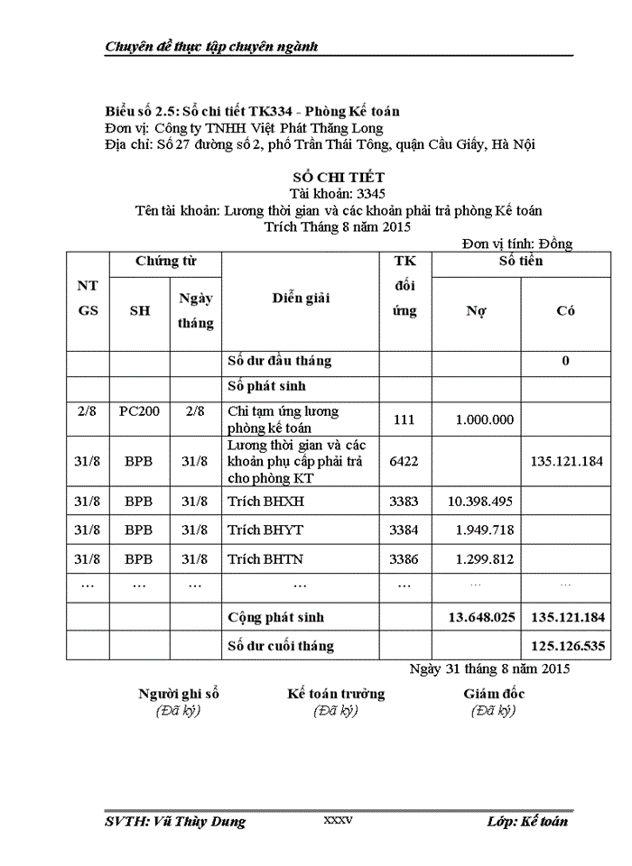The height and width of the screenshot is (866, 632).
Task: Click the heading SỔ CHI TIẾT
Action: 325,178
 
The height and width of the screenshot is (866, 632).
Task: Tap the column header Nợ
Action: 476,310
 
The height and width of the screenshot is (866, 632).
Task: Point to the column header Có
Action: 565,310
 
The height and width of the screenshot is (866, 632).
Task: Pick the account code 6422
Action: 404,461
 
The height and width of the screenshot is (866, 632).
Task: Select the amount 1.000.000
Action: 485,419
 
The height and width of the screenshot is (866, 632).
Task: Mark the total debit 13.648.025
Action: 481,618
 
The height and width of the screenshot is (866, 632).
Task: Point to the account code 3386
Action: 404,559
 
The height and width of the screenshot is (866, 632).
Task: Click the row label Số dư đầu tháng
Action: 280,361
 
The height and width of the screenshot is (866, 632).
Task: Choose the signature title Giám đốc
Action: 494,694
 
